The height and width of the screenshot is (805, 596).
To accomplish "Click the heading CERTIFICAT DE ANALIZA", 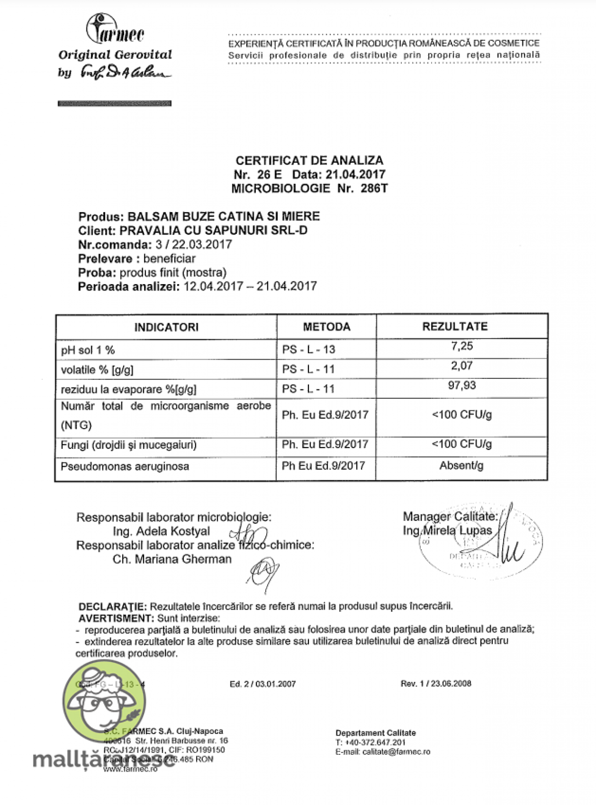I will point(309,160).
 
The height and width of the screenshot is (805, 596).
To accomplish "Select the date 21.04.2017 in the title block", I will point(355,174).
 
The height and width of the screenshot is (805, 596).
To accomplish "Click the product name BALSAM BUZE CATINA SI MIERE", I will point(223,217).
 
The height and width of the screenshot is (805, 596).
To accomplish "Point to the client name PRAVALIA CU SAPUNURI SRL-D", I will point(214,230).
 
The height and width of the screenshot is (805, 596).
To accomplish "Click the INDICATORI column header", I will point(166,327).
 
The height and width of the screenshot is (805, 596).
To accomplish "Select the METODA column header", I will point(326,327).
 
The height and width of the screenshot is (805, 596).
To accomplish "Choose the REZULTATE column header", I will point(455,326).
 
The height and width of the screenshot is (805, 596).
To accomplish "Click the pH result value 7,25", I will point(462,346).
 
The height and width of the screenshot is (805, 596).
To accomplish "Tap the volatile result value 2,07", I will point(462,366).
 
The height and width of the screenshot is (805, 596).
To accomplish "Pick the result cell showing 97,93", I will point(462,385).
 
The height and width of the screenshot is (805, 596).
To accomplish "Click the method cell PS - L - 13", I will point(308,350).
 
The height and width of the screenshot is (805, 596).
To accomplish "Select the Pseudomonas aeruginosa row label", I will point(125,466).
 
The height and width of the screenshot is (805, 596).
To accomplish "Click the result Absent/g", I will point(461,466).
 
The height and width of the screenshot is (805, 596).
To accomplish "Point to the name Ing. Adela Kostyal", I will point(161,531).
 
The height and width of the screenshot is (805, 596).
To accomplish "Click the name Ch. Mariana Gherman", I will point(172,559).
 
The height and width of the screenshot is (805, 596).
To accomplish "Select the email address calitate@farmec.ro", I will point(396,752).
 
